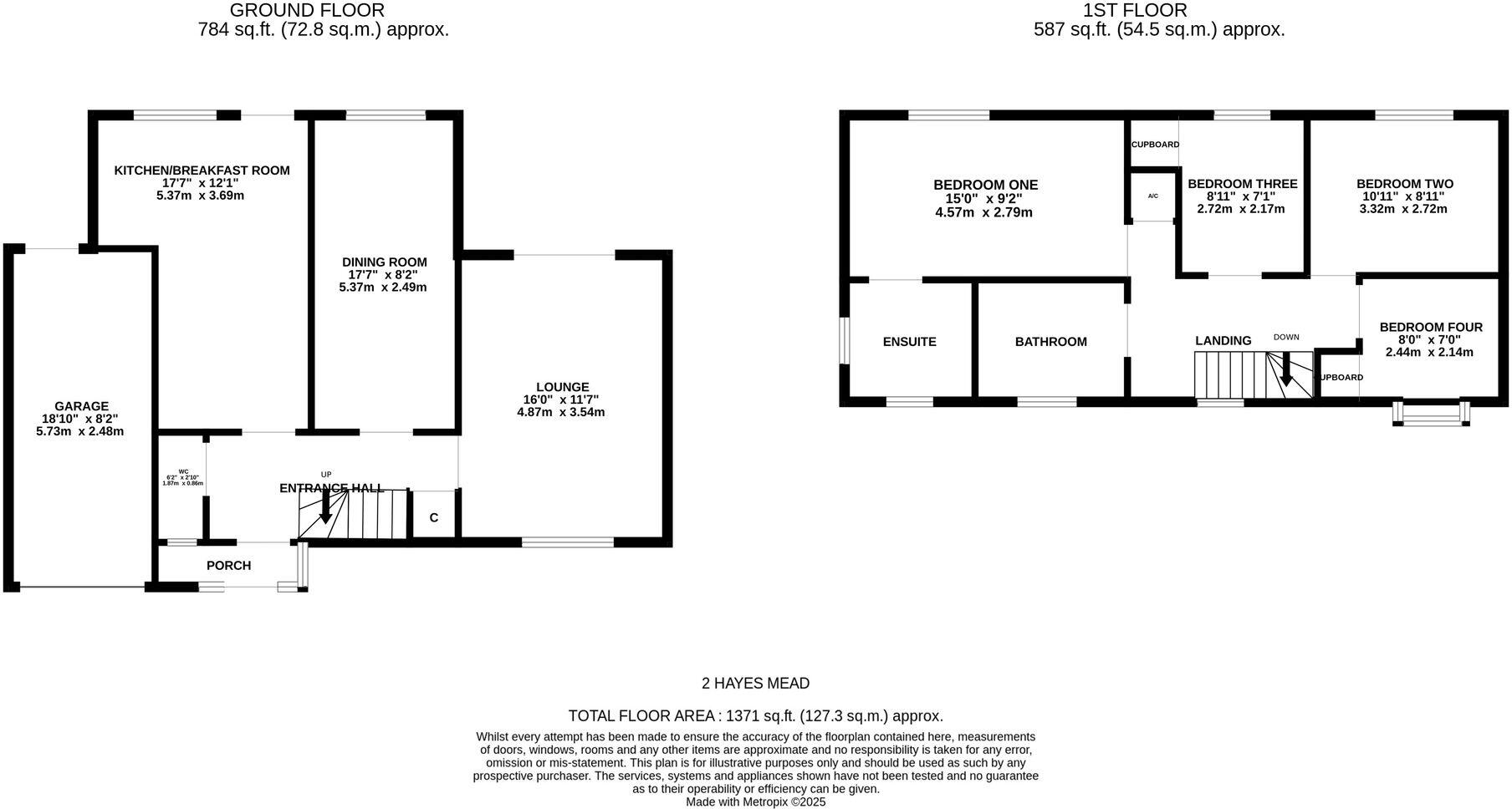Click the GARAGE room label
(81, 407)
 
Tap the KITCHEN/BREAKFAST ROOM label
(202, 170)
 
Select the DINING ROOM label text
(384, 262)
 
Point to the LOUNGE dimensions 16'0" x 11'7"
(560, 399)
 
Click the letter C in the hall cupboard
(434, 518)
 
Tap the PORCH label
(228, 566)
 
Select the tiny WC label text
(183, 471)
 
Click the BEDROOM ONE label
(985, 185)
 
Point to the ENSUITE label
(909, 342)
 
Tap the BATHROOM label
(1050, 342)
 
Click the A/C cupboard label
(1152, 196)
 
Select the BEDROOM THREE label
(1242, 184)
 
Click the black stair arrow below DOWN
(1286, 369)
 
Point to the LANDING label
(1223, 341)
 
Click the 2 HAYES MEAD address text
(755, 684)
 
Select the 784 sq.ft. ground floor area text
(323, 30)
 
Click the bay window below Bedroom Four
(1431, 414)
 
